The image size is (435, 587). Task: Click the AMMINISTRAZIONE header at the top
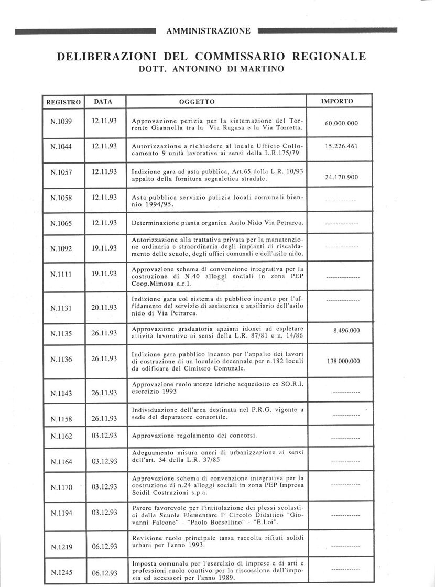[208, 31]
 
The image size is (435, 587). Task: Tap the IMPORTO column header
[336, 101]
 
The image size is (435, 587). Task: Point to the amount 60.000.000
[341, 123]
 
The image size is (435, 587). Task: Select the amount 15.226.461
[341, 146]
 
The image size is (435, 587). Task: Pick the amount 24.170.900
[341, 177]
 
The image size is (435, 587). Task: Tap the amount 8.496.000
[346, 331]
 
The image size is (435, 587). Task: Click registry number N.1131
[61, 308]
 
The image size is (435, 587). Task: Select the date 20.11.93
[104, 308]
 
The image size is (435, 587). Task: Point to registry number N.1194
[61, 513]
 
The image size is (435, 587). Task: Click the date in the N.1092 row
[104, 248]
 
